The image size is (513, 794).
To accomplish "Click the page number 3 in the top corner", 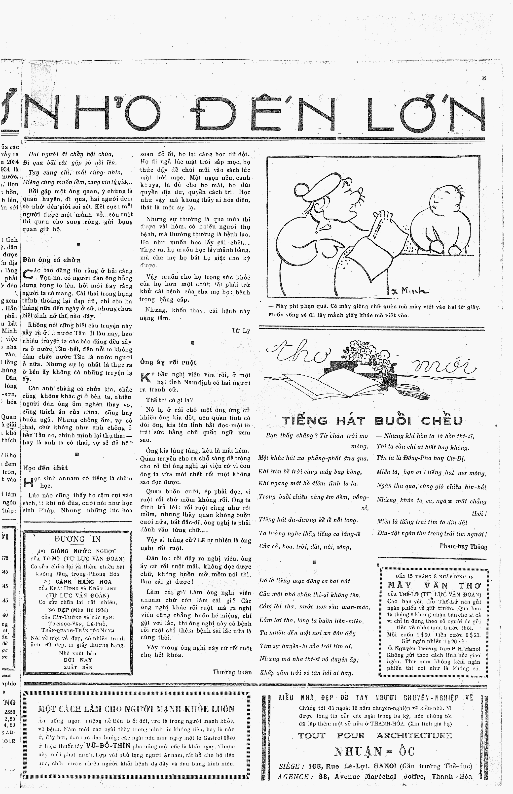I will click(x=484, y=78).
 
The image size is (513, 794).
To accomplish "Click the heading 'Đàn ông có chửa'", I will click(x=52, y=260).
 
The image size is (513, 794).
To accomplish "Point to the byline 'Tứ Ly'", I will click(x=241, y=331).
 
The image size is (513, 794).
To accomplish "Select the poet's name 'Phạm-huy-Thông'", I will click(x=463, y=546).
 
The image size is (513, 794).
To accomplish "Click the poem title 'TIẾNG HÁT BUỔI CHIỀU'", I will click(x=372, y=421).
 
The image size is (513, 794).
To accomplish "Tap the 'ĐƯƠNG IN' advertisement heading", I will click(x=77, y=539).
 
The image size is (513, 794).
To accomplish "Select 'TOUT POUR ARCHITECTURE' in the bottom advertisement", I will click(x=375, y=735).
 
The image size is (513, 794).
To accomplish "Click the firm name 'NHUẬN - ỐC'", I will click(x=374, y=751).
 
